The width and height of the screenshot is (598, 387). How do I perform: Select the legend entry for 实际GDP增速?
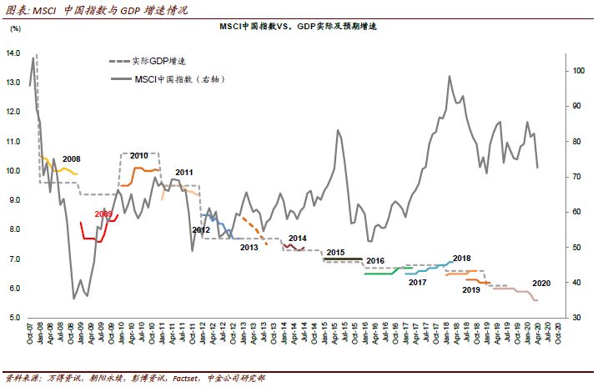(x=150, y=62)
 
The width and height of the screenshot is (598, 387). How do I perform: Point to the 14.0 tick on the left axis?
(x=13, y=53)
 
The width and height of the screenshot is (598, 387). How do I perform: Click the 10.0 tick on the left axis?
(x=13, y=171)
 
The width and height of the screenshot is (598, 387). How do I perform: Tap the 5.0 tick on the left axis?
(x=15, y=318)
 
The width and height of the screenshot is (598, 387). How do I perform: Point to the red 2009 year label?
(x=103, y=214)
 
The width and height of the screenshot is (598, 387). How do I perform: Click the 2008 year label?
(x=72, y=158)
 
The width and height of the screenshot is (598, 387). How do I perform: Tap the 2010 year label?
(x=138, y=156)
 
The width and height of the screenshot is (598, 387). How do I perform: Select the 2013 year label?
(x=249, y=248)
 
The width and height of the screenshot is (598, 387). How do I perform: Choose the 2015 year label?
(x=335, y=252)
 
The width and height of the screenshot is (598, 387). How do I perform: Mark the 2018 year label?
(x=462, y=259)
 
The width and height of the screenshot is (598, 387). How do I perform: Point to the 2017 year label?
(x=418, y=283)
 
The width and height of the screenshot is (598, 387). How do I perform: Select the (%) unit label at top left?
(x=15, y=30)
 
